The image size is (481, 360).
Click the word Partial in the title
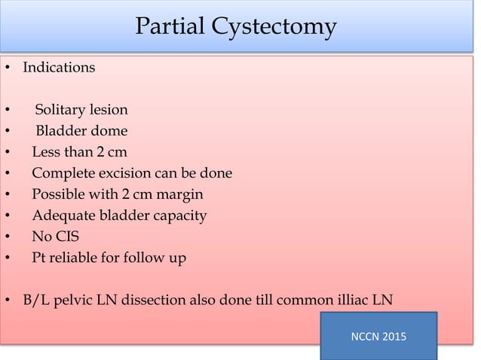168,27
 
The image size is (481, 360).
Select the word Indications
59,67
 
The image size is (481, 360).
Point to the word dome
109,131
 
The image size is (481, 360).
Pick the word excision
123,173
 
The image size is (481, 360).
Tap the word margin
179,194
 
